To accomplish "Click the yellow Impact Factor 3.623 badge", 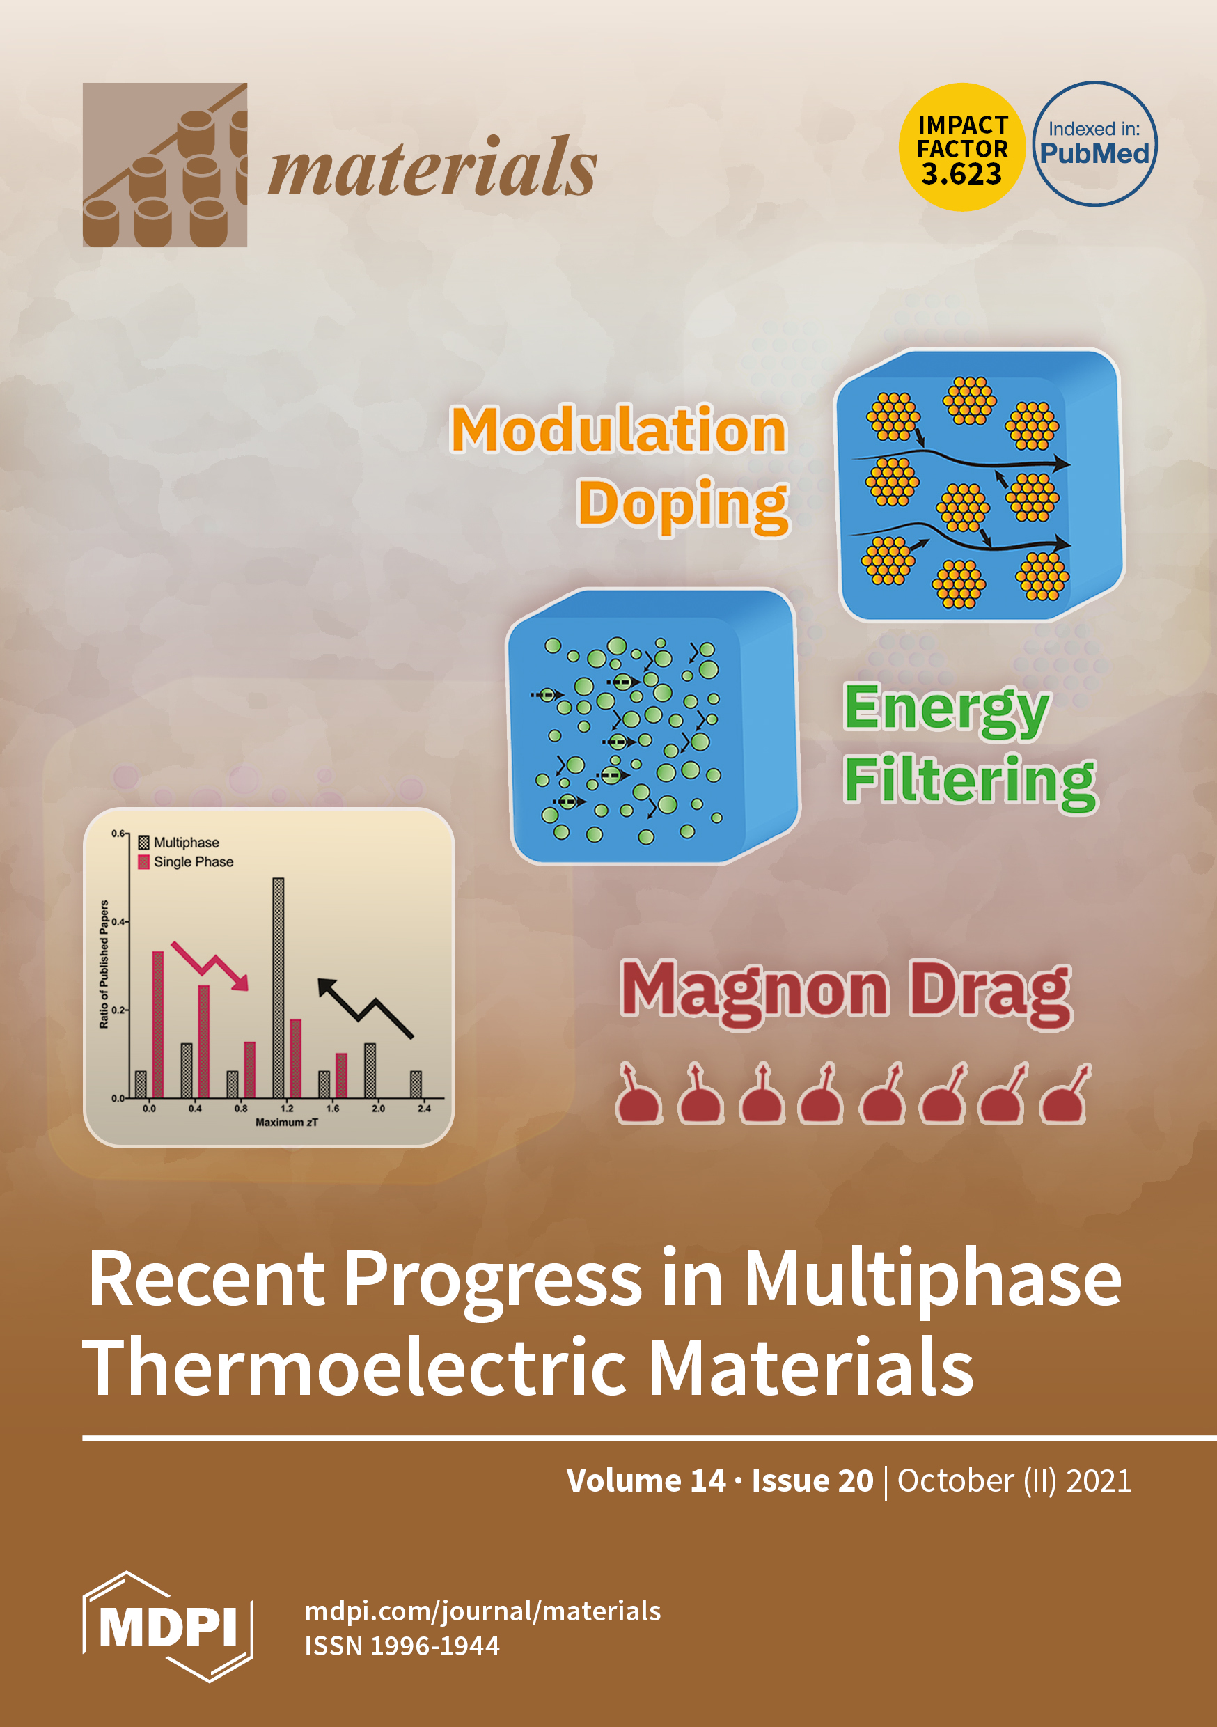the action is tap(962, 147).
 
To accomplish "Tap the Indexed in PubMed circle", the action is tap(1094, 143).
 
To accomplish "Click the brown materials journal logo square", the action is tap(165, 165).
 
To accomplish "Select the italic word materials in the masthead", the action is tap(432, 167).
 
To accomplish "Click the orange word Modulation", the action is tap(618, 430).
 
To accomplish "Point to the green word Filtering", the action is tap(970, 782).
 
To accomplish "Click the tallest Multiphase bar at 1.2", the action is tap(278, 987).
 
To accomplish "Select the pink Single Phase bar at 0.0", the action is tap(158, 1024).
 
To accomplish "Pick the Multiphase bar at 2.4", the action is tap(416, 1085).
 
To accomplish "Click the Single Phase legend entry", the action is tap(186, 862).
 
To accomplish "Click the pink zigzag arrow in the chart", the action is tap(210, 965).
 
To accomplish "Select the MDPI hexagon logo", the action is tap(168, 1626).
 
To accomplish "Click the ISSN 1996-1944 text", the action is tap(402, 1646).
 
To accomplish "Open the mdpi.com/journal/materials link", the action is tap(483, 1611).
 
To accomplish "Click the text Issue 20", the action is tap(812, 1480).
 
